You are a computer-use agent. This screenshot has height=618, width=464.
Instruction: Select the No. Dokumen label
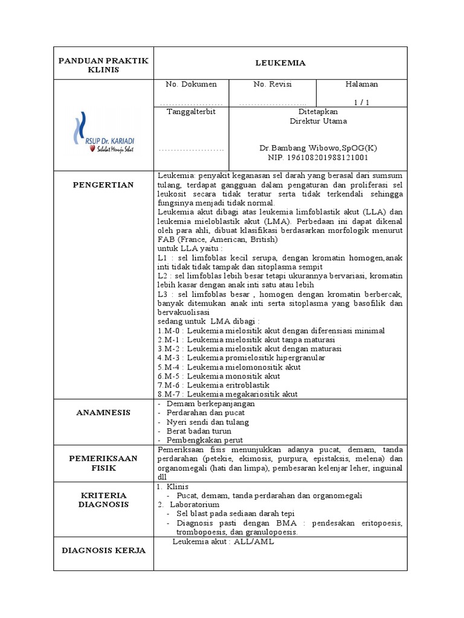tap(191, 84)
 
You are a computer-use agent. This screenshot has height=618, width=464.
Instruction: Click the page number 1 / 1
tap(361, 103)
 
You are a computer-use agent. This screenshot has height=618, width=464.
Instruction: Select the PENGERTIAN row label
tap(103, 184)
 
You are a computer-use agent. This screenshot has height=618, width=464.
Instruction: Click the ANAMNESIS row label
tap(103, 413)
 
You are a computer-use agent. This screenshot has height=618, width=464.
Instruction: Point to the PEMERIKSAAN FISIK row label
tap(103, 463)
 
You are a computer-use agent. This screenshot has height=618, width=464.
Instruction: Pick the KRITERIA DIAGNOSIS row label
tap(103, 500)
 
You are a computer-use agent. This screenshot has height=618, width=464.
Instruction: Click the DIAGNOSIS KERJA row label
tap(103, 550)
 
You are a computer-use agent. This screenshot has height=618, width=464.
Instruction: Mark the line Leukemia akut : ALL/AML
tap(223, 542)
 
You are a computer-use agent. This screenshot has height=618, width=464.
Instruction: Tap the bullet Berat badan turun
tap(200, 431)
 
